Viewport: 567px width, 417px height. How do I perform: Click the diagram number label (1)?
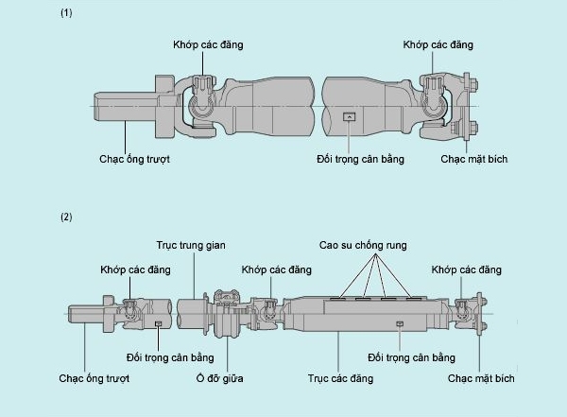(66, 14)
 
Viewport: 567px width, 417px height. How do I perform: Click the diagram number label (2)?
(66, 217)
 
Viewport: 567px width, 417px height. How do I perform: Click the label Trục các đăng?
(340, 378)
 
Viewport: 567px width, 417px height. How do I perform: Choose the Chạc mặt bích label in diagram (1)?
(474, 159)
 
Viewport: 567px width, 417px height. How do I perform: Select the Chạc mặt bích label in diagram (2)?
(481, 378)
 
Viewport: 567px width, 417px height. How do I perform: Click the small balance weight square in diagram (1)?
(349, 117)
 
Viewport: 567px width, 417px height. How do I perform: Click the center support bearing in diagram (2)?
(225, 312)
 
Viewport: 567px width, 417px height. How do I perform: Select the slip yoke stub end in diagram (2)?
(85, 311)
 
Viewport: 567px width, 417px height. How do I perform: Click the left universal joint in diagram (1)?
(200, 104)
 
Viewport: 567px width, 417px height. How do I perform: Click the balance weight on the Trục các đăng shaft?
(400, 323)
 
